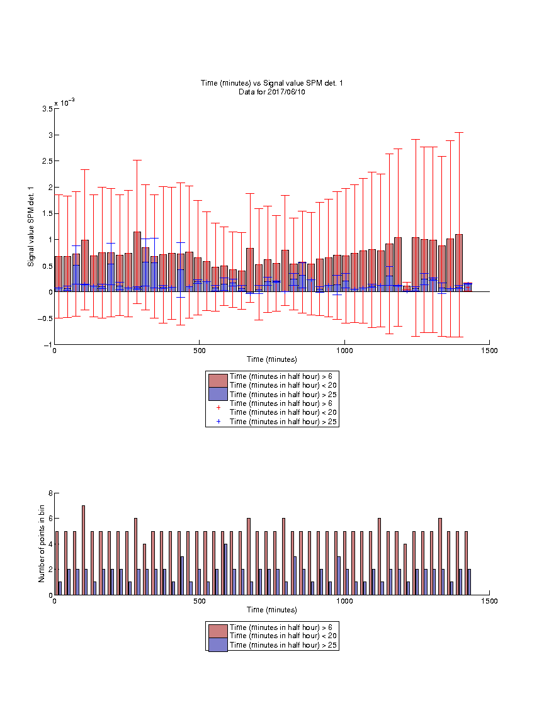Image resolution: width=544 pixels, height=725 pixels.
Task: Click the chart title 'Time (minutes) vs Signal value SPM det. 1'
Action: (x=271, y=83)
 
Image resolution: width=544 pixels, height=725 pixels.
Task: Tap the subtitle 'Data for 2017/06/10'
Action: (x=271, y=92)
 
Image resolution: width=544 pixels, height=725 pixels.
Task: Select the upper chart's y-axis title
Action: (x=31, y=227)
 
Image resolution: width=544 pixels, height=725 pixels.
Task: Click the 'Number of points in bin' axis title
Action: (x=42, y=544)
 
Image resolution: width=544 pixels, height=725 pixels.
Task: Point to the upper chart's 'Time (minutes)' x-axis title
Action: (x=271, y=359)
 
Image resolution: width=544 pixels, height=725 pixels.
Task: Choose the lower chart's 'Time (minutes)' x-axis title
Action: (x=271, y=610)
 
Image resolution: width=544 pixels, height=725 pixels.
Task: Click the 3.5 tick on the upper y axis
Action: (x=47, y=109)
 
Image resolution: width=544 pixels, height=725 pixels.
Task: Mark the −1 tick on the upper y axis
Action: (x=48, y=345)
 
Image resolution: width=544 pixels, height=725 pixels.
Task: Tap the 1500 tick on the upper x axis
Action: (x=489, y=351)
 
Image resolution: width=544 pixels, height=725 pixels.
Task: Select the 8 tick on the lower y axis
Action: (x=50, y=493)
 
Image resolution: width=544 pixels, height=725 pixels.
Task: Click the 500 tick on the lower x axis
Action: (x=200, y=601)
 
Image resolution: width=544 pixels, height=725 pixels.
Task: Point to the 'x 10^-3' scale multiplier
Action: (x=64, y=102)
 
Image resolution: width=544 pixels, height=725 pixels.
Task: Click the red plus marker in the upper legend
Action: (x=218, y=408)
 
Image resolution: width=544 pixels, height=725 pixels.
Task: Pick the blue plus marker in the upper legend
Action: (x=218, y=422)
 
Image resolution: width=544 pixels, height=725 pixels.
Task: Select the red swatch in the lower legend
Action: (x=218, y=631)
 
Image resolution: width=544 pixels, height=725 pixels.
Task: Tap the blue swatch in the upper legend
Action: (x=218, y=394)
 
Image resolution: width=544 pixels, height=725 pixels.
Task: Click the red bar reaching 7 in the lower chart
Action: (x=83, y=550)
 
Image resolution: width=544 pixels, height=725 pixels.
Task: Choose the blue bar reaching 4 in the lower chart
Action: (x=225, y=569)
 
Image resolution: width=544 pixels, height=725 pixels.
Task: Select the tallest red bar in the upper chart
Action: (x=137, y=262)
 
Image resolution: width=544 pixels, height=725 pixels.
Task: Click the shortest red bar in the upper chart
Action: (x=407, y=288)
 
